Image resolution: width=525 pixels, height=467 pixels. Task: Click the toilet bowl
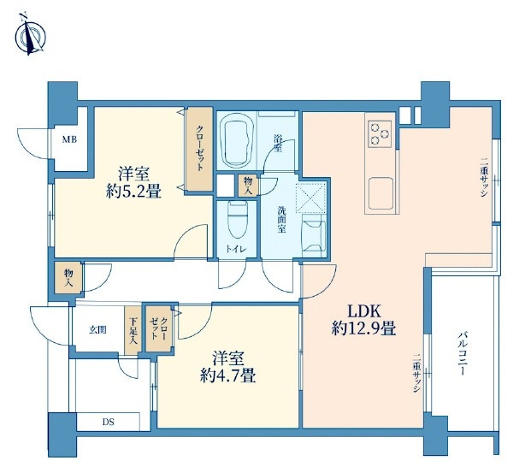[236, 226]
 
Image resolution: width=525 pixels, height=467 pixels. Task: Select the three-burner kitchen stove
[379, 132]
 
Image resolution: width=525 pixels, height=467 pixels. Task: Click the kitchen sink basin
[381, 193]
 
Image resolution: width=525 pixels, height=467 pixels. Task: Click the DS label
[108, 423]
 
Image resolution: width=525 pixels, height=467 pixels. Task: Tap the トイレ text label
[236, 249]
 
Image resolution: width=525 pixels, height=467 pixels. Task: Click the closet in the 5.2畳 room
[199, 150]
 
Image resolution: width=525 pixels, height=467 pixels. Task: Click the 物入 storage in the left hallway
[68, 276]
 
